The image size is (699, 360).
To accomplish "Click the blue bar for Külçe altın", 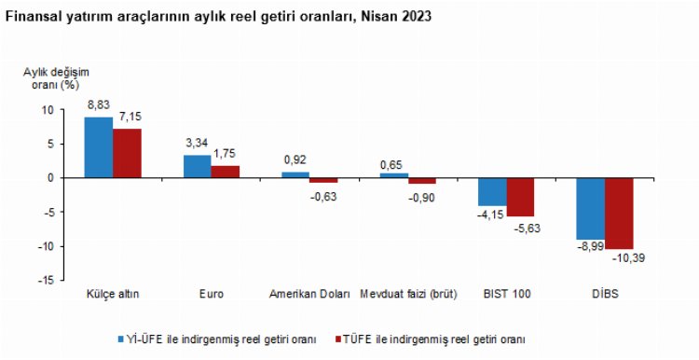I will click(x=98, y=147).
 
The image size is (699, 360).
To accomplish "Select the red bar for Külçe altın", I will click(x=127, y=153).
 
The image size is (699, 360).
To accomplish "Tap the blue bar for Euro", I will click(x=197, y=166).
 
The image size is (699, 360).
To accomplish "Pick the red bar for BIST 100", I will click(x=521, y=197).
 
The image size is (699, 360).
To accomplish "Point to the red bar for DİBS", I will click(x=619, y=213).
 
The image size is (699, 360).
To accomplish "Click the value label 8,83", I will click(x=99, y=107).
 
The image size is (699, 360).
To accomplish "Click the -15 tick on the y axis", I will click(x=45, y=281).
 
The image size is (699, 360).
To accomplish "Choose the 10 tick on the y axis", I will click(x=48, y=110).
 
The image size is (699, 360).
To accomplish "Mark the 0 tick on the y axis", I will click(x=51, y=178).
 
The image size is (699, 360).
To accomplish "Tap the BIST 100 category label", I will click(x=507, y=295).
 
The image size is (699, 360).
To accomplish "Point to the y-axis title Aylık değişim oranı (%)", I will click(x=51, y=77).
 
